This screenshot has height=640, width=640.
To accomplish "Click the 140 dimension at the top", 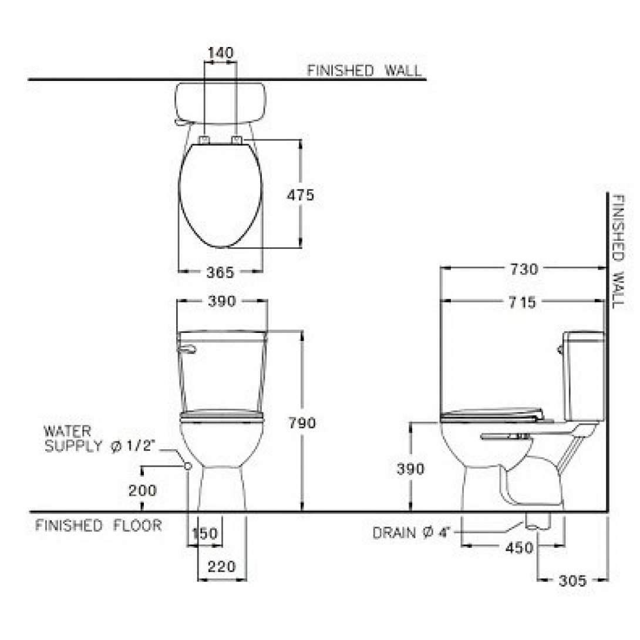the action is click(220, 53).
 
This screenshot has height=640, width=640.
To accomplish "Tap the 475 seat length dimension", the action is click(301, 195).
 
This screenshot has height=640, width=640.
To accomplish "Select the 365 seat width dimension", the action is click(220, 272).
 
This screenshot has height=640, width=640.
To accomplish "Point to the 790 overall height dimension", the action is click(302, 423).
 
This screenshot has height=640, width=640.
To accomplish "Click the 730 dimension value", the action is click(524, 270).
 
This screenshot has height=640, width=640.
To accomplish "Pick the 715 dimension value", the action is click(523, 302).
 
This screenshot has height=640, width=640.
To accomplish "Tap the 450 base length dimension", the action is click(519, 548).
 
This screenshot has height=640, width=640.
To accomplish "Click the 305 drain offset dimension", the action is click(572, 580).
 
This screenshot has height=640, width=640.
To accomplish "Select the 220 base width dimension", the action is click(221, 567).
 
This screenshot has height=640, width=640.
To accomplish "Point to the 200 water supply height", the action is click(143, 490).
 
